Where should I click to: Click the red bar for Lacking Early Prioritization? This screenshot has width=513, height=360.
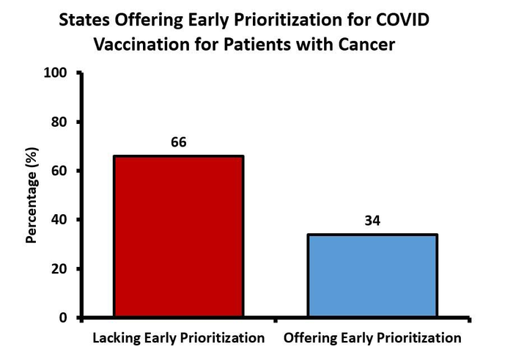click(178, 236)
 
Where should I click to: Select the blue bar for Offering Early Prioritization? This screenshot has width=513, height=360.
click(372, 276)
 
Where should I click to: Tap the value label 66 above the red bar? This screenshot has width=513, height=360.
click(179, 142)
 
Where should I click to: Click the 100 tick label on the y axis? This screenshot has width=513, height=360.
click(56, 73)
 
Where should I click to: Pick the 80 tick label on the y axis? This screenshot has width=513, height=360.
click(60, 122)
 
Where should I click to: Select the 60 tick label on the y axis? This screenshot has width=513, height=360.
click(60, 171)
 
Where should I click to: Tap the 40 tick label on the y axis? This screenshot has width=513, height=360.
click(60, 220)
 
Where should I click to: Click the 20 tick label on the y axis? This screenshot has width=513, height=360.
click(60, 269)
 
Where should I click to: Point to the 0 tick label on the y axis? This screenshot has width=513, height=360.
click(64, 317)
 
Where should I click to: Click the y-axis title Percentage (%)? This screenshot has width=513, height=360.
click(32, 195)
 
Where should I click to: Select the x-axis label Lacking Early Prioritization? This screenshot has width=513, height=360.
click(178, 339)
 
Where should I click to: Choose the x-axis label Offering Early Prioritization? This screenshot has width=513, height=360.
click(372, 339)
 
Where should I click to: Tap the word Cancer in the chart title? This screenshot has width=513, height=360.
click(369, 44)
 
